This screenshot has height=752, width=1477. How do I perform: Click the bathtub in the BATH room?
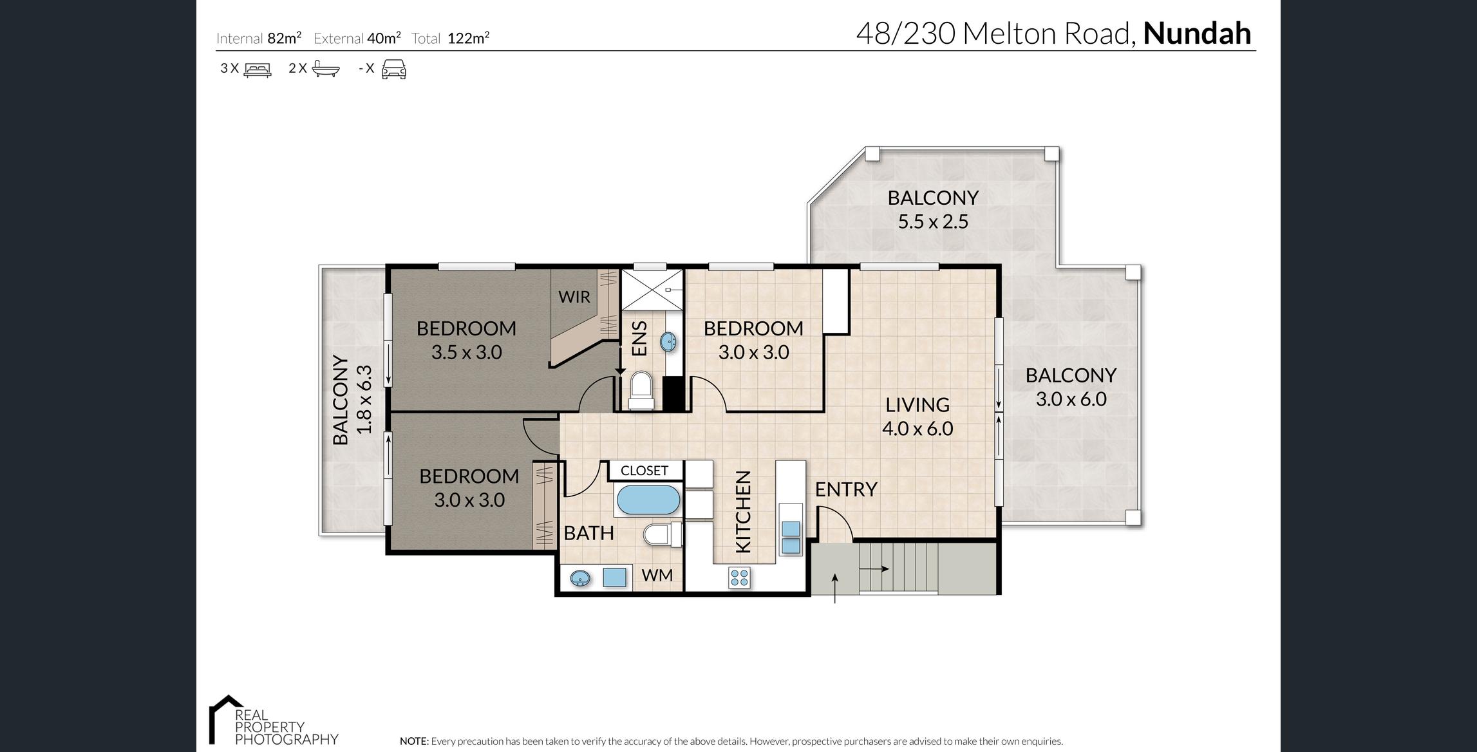tap(648, 500)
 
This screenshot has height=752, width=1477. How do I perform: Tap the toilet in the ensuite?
tap(641, 390)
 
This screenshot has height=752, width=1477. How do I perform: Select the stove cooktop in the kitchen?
tap(739, 578)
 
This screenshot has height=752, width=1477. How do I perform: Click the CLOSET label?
tap(644, 471)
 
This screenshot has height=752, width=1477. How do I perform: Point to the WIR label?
tap(574, 297)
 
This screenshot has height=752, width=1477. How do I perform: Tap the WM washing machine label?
tap(657, 575)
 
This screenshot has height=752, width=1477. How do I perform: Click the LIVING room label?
tap(917, 404)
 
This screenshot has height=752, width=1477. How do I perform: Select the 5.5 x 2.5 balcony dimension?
tap(933, 221)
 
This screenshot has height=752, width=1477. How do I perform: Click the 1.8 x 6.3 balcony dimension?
tap(364, 399)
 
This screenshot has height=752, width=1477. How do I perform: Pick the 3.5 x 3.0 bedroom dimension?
tap(466, 352)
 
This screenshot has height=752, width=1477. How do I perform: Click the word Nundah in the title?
tap(1197, 33)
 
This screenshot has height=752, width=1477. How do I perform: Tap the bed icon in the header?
tap(258, 69)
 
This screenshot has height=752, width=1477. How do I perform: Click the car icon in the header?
tap(394, 69)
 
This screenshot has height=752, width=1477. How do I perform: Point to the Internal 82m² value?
tap(284, 38)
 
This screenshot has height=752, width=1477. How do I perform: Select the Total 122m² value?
tap(468, 38)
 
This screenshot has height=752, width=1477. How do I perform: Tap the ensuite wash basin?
tap(668, 342)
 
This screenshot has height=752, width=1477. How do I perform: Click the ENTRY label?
tap(846, 489)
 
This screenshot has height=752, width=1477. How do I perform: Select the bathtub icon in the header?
tap(325, 68)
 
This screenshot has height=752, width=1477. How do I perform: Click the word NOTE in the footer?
tap(413, 741)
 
